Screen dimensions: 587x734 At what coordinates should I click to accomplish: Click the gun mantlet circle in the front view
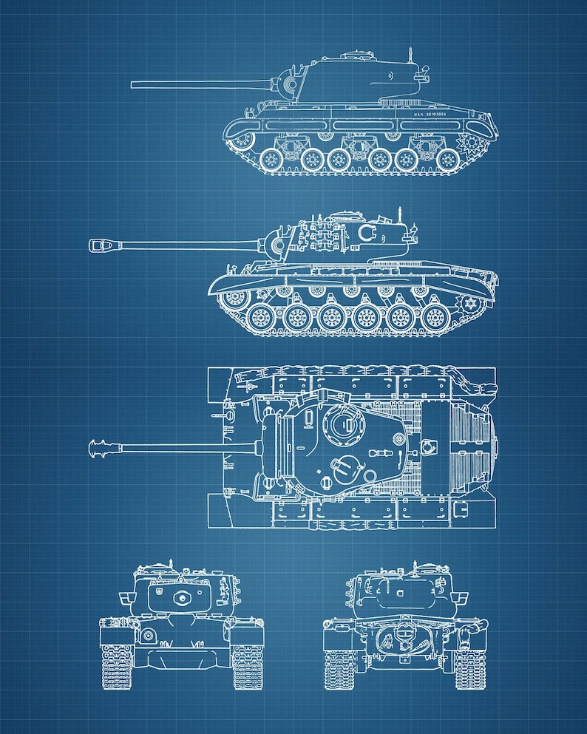180,598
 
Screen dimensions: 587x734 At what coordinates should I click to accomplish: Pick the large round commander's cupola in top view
342,424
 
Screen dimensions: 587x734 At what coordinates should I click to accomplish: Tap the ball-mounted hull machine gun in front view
149,635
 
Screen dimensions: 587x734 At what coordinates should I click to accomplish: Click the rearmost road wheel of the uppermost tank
447,160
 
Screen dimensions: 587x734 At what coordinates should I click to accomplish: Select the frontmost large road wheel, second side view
261,319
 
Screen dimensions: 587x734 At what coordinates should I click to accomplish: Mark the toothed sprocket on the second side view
469,304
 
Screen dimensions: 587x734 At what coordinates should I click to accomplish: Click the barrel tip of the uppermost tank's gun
134,84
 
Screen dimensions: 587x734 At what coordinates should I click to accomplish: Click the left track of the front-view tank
116,665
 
